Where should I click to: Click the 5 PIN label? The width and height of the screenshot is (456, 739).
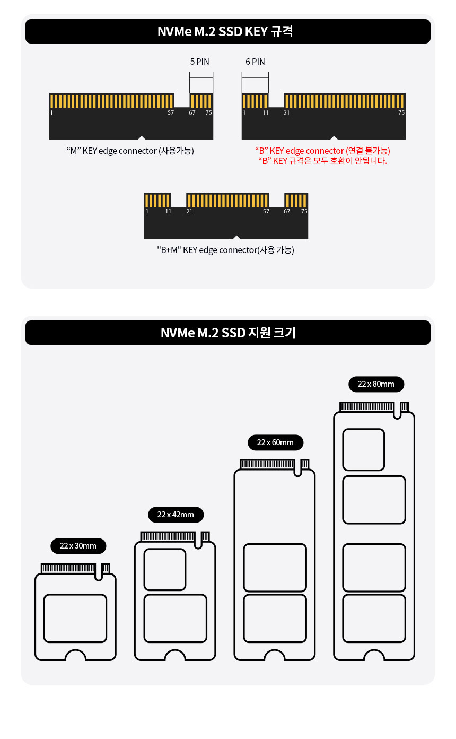[x=199, y=62]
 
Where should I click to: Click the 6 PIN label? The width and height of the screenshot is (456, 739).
[x=255, y=62]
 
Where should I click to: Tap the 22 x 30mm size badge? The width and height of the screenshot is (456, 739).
[x=78, y=546]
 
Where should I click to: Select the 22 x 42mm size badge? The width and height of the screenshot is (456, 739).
[x=176, y=515]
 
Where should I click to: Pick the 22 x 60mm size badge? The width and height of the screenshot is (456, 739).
[x=275, y=442]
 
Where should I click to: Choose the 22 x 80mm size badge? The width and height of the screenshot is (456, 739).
[x=376, y=384]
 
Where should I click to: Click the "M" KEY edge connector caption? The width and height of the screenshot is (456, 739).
[x=130, y=151]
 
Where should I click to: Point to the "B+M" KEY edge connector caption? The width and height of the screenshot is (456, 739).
[x=225, y=250]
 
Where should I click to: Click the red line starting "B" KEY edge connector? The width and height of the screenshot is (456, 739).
[x=322, y=151]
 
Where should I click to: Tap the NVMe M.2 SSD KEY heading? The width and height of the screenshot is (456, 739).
[x=225, y=31]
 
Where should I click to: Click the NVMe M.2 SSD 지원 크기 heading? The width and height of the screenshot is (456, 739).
[x=228, y=333]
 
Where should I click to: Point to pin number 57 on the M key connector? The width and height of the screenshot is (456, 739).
[x=170, y=112]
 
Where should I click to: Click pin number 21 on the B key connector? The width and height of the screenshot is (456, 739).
[x=286, y=112]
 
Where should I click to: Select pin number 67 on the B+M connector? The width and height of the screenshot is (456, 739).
[x=287, y=211]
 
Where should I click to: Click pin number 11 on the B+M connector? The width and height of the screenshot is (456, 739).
[x=168, y=211]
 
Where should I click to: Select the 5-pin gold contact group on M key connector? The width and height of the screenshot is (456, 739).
[x=201, y=101]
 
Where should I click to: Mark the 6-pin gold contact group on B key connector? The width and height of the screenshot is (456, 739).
[x=255, y=101]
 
